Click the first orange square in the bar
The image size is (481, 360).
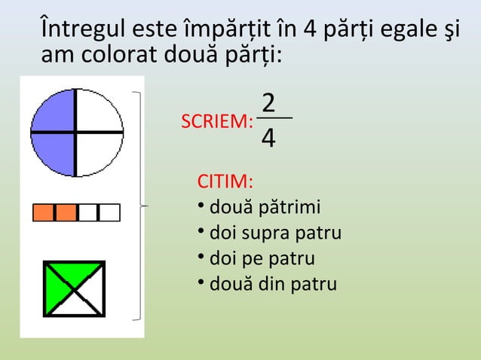click(44, 213)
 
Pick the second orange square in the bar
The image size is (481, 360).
click(66, 213)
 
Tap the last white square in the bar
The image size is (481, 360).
click(109, 213)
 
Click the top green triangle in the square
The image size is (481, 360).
click(74, 271)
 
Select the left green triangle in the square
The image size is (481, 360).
click(54, 289)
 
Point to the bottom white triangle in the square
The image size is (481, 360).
click(74, 307)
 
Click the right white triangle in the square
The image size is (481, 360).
click(94, 289)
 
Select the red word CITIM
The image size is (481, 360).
click(225, 183)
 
